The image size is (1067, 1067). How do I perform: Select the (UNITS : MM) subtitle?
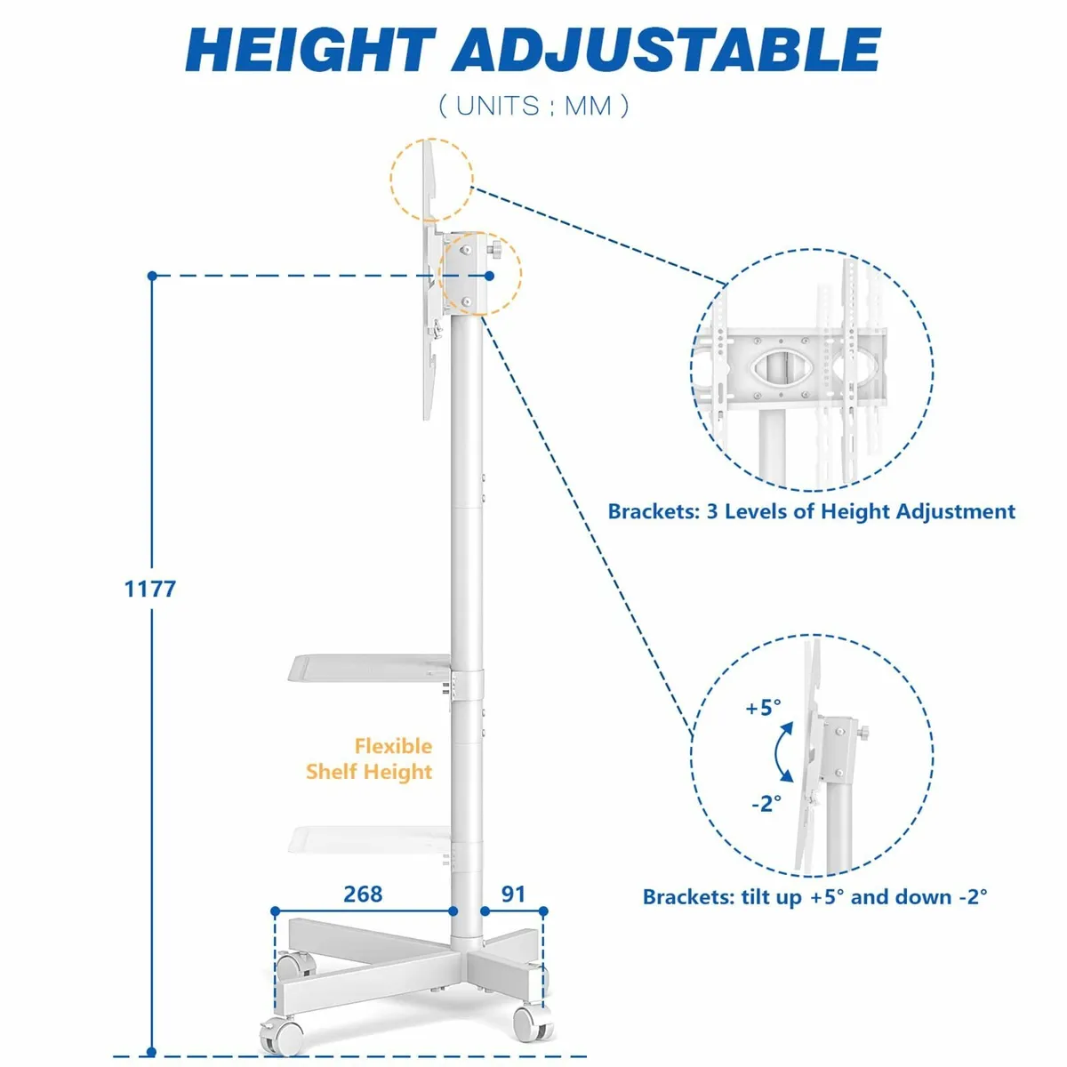coord(533,105)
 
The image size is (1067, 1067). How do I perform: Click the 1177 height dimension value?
coord(150,589)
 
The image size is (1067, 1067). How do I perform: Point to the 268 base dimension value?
coord(363,894)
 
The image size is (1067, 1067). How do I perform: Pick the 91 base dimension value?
coord(513,894)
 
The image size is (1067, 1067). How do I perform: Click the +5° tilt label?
coord(763,707)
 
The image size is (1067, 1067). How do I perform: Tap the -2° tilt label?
coord(766,803)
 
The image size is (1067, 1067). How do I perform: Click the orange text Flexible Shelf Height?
coord(369,758)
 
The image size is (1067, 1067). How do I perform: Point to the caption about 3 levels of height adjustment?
coord(811,510)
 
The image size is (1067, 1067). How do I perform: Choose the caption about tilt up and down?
coord(814,896)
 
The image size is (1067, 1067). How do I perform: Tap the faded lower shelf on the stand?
coord(370,839)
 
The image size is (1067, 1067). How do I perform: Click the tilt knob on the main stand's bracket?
coord(494,249)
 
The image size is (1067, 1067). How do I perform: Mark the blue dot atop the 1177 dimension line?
coord(152,275)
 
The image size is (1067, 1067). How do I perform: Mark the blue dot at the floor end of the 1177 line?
coord(152,1052)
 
